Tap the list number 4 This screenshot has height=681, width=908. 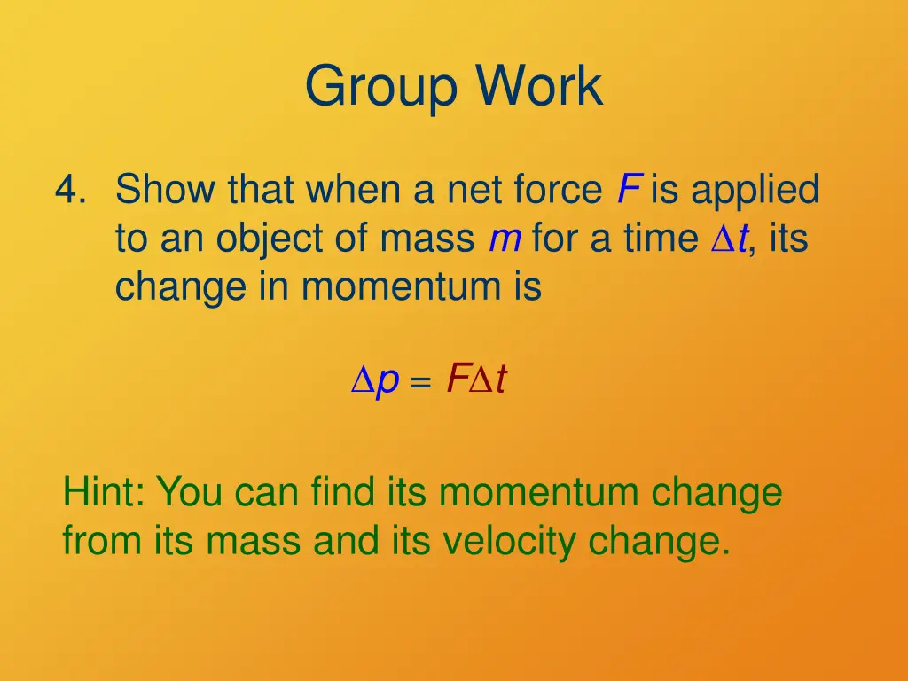[x=67, y=191]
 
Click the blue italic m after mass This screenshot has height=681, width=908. [x=504, y=239]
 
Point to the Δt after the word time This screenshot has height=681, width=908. [x=730, y=239]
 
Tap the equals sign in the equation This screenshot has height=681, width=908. [x=421, y=384]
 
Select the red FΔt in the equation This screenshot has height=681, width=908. [x=476, y=380]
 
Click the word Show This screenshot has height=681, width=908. [x=166, y=190]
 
